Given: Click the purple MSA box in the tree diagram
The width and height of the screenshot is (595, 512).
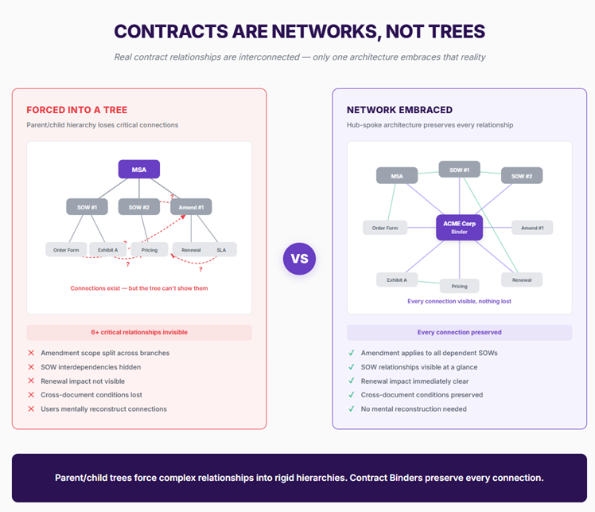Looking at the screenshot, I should tap(139, 169).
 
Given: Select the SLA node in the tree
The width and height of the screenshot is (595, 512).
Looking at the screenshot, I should tap(221, 249).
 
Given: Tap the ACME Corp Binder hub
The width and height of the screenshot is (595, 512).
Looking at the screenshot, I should tap(459, 228).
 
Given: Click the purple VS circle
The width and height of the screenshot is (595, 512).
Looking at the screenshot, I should tap(299, 259).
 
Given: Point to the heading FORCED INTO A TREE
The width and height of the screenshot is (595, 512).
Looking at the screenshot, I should tap(76, 110).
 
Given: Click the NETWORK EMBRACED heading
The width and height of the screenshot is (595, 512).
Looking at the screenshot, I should tap(399, 110).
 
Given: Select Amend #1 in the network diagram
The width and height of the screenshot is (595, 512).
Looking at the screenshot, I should tap(531, 228).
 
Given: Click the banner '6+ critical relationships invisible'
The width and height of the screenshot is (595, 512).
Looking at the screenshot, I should tap(139, 332).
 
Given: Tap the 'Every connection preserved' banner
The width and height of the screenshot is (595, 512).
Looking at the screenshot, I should tap(459, 332).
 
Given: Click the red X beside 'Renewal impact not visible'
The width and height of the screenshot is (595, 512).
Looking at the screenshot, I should tap(31, 381).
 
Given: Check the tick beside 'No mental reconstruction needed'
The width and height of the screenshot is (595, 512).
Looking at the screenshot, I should tap(351, 408).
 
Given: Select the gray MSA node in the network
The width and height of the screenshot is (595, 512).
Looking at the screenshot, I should tap(397, 176).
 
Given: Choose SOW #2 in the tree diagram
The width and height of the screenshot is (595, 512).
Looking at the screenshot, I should tap(139, 207).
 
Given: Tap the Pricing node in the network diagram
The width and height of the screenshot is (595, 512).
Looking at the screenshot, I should tap(459, 286).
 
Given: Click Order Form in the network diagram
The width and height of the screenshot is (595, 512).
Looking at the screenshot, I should tap(385, 228).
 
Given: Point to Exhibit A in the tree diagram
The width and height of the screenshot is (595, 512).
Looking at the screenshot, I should tap(107, 249).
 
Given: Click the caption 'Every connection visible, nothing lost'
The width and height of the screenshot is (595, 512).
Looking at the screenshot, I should tap(459, 302).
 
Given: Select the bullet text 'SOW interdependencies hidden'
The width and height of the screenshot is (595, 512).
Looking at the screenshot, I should tap(91, 367).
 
